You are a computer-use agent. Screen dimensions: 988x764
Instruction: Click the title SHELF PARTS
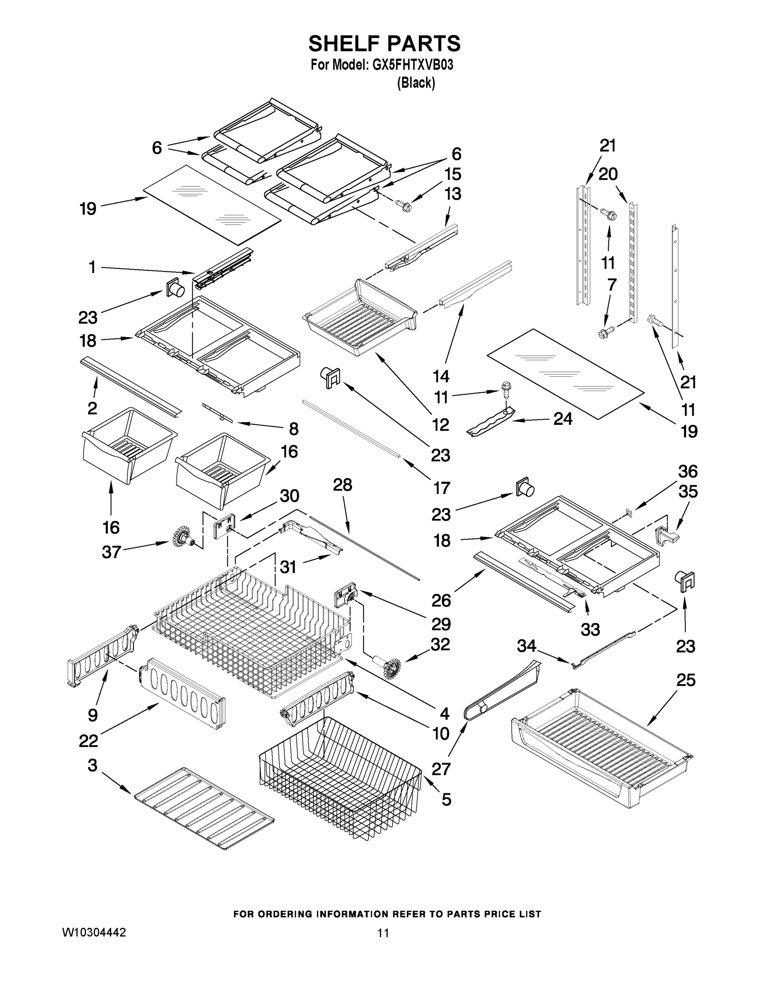coord(384,44)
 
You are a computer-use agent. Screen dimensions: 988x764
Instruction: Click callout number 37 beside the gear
coord(111,552)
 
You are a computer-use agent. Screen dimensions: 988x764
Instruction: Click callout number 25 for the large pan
coord(685,680)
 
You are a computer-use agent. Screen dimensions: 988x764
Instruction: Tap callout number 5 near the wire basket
coord(446,799)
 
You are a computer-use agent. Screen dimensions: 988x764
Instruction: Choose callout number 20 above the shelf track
coord(608,174)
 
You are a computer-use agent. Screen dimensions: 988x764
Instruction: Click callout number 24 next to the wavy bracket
coord(563,419)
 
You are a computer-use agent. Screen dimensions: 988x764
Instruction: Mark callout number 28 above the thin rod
coord(342,485)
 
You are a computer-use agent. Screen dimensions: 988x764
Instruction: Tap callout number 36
coord(687,471)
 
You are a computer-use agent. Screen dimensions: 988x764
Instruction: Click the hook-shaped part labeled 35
coord(667,537)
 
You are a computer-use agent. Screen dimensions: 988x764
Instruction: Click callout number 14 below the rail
coord(441,376)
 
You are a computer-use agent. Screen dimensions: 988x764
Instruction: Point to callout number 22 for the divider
coord(88,741)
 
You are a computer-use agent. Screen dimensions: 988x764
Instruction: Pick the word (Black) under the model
coord(416,83)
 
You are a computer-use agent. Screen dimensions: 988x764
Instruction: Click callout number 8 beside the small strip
coord(294,429)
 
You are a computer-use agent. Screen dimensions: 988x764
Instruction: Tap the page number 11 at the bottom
coord(383,933)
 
